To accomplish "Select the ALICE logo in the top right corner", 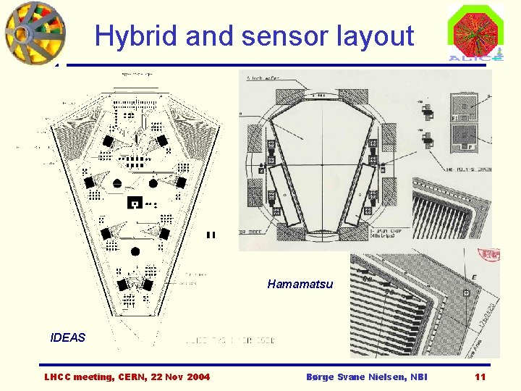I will [x=475, y=33].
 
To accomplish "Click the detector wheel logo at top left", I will [x=34, y=33].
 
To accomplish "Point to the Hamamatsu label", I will [x=300, y=284].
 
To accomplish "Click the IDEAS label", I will [x=67, y=337].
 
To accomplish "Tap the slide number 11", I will [x=480, y=377].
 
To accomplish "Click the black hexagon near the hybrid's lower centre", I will [x=135, y=251].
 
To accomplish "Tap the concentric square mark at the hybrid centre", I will [x=133, y=203].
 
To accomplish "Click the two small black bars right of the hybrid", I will [x=211, y=235].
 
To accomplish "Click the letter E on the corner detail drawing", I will [x=473, y=277].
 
